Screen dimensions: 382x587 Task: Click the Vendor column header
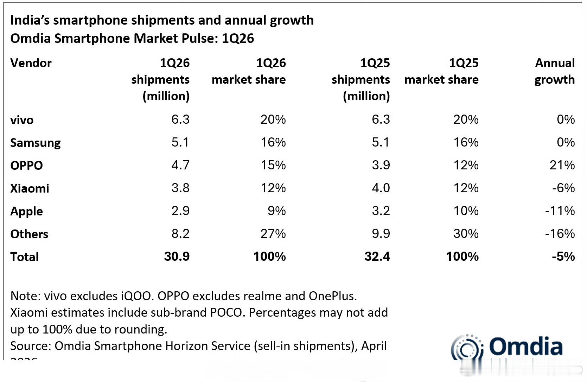(31, 63)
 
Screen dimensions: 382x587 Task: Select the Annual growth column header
(555, 71)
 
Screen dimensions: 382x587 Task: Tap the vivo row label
(22, 120)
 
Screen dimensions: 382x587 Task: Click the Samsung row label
(35, 143)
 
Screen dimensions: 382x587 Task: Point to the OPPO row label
(26, 166)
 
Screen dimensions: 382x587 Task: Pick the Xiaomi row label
(30, 188)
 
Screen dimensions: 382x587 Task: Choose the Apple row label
(26, 211)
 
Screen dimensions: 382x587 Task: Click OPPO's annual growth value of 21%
(562, 165)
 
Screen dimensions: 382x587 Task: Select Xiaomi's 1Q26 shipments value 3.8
(180, 188)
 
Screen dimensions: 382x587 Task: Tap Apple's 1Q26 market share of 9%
(276, 211)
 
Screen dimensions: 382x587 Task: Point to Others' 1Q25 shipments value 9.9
(381, 234)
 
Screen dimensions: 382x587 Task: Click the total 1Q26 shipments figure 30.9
(177, 257)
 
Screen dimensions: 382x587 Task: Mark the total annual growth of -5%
(563, 257)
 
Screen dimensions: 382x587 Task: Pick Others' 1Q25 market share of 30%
(466, 234)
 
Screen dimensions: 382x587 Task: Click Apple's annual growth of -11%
(560, 211)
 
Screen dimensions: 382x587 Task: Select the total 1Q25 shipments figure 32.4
(377, 257)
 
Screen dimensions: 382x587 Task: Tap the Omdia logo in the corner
(506, 347)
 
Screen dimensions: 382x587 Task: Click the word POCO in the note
(226, 313)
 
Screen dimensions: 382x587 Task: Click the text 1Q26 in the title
(238, 38)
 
